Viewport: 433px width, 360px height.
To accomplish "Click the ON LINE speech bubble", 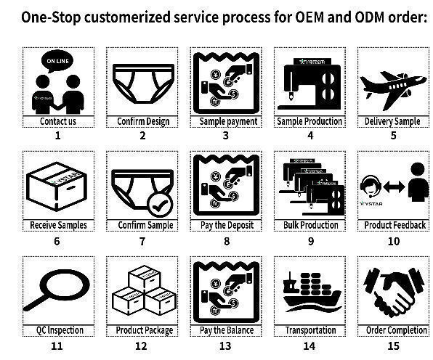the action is tap(57, 61).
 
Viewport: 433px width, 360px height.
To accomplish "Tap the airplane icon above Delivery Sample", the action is tap(393, 89).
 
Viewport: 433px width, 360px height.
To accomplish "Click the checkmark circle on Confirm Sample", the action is tap(160, 205).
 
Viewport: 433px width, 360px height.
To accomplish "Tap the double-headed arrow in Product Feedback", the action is tap(394, 187).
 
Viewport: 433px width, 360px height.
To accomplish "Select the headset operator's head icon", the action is tap(371, 185).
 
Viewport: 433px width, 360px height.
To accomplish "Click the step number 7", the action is tap(142, 242).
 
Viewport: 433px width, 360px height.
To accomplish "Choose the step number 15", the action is tap(394, 345).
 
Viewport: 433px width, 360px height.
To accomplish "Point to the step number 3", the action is tap(226, 136).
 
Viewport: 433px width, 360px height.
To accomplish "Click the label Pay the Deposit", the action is tap(227, 225).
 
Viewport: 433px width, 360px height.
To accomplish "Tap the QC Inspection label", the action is tap(60, 330).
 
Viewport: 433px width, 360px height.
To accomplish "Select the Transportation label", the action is tap(310, 330).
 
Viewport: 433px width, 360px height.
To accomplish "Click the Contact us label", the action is tap(58, 121).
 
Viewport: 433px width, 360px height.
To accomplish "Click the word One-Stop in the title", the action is tap(51, 17).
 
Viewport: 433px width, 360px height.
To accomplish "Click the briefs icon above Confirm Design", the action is tap(143, 84).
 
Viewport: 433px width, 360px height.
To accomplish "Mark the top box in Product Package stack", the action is tap(145, 277).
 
